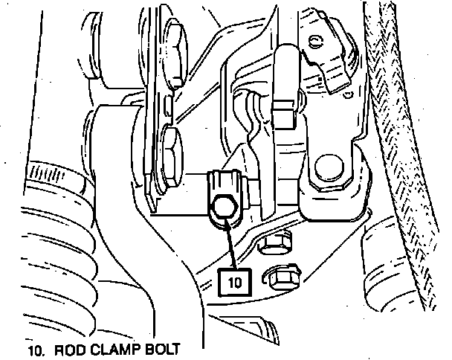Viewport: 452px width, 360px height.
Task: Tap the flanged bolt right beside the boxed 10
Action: [283, 278]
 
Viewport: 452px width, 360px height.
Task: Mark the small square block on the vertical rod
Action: [282, 114]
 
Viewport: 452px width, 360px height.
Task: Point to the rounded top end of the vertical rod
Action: [285, 56]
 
